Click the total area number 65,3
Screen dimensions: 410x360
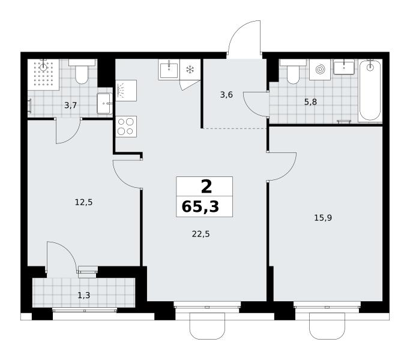[x=200, y=207]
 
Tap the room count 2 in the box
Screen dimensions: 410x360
[x=207, y=187]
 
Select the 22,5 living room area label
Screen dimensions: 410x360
[x=201, y=234]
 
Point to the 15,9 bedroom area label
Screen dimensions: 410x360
[x=323, y=218]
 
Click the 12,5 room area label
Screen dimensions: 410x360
[x=83, y=202]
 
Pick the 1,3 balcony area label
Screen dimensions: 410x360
[x=84, y=295]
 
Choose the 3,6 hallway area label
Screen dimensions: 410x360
[x=226, y=95]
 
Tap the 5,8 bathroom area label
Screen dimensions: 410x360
[x=310, y=102]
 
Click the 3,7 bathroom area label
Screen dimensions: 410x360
[x=71, y=106]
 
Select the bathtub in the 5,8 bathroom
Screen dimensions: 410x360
[x=370, y=90]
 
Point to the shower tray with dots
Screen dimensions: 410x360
[x=44, y=74]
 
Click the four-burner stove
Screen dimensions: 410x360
[x=126, y=127]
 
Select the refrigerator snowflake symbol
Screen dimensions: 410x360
[x=190, y=70]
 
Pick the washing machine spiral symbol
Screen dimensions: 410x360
[x=320, y=70]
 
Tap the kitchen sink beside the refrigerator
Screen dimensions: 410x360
[x=169, y=69]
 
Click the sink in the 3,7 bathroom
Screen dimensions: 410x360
[x=104, y=104]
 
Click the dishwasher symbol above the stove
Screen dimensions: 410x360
[x=126, y=91]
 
